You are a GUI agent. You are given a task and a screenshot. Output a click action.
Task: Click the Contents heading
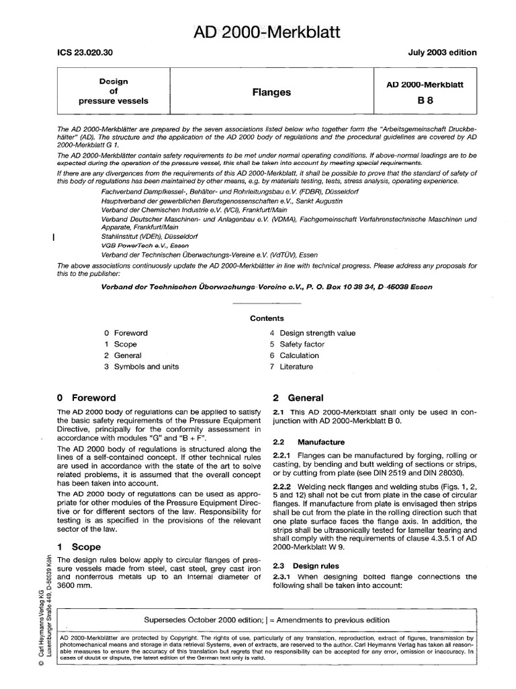pyautogui.click(x=267, y=318)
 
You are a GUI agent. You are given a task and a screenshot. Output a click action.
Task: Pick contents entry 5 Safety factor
pyautogui.click(x=299, y=344)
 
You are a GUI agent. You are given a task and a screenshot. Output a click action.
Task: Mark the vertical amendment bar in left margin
pyautogui.click(x=53, y=237)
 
